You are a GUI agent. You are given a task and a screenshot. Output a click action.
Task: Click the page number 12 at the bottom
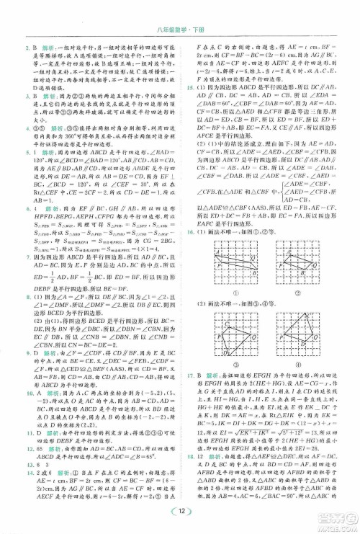(x=180, y=512)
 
